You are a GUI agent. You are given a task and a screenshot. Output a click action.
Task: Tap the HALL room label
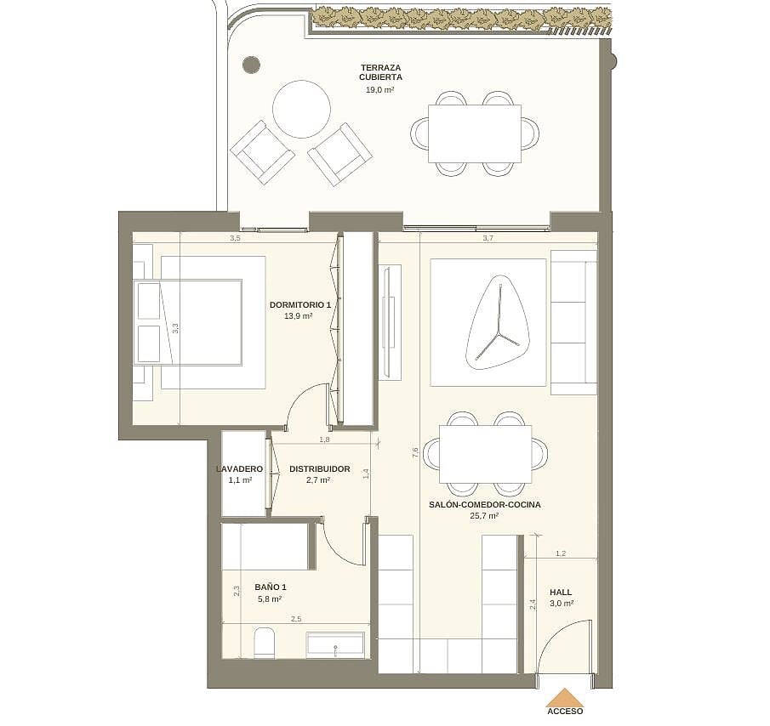coord(561,592)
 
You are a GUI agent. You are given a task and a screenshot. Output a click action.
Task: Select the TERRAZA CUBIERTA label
coord(380,72)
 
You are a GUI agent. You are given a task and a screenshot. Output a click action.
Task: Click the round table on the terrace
coord(301,109)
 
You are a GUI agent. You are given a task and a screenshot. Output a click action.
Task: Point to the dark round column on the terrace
coord(252,65)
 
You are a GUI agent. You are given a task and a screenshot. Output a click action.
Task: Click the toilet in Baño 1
coord(265,642)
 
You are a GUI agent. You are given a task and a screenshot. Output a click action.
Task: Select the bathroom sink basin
coord(335,645)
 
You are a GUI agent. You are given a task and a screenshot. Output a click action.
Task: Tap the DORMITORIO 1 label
coord(300,304)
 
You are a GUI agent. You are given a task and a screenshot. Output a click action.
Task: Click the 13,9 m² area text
coord(299,316)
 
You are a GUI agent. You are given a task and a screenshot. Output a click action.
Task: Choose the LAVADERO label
coord(240,469)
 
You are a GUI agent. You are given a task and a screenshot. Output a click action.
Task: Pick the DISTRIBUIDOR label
coord(320,469)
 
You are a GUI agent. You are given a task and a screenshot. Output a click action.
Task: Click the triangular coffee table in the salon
coord(498,322)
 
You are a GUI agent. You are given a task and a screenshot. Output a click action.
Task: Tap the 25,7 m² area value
coord(484,515)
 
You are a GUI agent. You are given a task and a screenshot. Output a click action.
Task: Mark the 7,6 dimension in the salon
coord(415,453)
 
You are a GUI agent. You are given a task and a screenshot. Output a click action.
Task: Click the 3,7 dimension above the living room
coord(488,238)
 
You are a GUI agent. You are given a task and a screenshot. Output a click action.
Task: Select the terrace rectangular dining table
coord(475,133)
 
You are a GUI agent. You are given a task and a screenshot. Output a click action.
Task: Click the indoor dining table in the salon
coord(486,454)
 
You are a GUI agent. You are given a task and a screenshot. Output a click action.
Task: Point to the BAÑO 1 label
coord(271,587)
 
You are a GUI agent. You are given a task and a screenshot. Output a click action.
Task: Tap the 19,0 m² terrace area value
coord(380,90)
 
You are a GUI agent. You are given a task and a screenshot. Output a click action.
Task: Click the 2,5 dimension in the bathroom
coord(296,619)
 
